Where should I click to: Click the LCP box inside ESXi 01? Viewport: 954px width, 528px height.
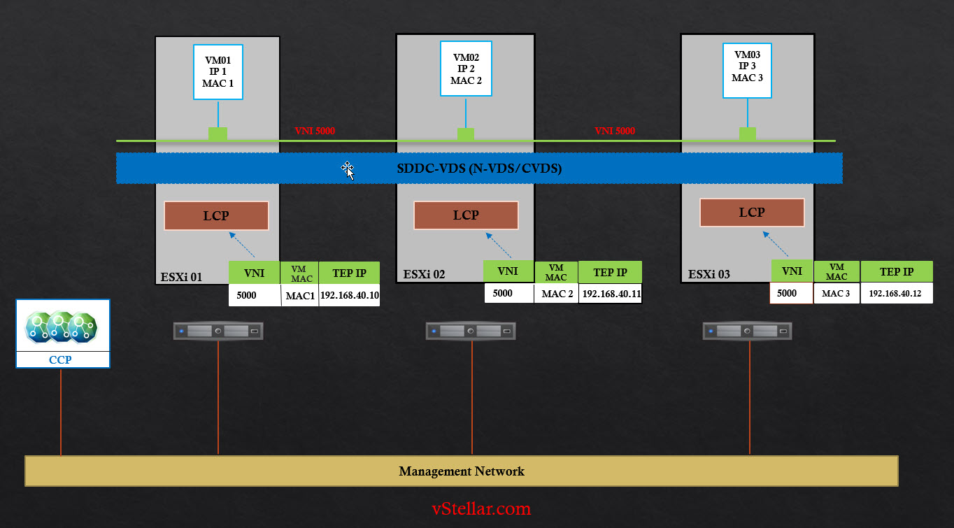tap(216, 215)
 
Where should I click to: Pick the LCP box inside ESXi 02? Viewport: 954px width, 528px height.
tap(466, 215)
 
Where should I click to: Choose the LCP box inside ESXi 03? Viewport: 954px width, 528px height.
tap(752, 213)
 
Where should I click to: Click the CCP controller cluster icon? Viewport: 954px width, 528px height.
tap(62, 326)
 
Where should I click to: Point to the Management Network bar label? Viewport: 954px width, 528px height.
tap(462, 471)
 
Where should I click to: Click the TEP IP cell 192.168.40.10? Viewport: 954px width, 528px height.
tap(350, 295)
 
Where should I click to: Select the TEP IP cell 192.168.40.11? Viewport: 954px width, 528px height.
tap(610, 294)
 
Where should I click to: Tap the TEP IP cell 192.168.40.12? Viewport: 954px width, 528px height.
tap(896, 294)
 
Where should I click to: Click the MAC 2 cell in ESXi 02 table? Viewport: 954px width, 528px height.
tap(557, 294)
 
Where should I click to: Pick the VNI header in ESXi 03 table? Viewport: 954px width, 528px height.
tap(792, 271)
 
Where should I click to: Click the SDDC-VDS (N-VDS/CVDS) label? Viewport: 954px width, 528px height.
tap(479, 169)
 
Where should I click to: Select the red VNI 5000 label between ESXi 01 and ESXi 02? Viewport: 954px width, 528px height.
tap(315, 131)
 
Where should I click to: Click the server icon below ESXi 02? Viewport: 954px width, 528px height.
tap(471, 330)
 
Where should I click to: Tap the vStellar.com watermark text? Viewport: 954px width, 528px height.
tap(481, 508)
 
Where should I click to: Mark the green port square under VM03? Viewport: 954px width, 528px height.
tap(748, 134)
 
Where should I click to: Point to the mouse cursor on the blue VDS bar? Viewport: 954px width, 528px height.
tap(348, 170)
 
